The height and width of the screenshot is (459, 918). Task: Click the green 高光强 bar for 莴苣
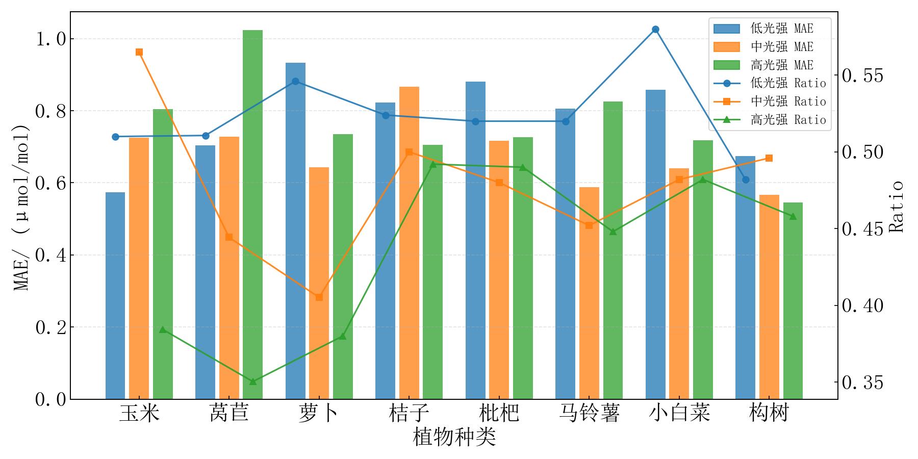pyautogui.click(x=252, y=214)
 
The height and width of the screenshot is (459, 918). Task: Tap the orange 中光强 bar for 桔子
pyautogui.click(x=409, y=243)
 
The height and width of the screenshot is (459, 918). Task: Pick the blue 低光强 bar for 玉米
pyautogui.click(x=115, y=295)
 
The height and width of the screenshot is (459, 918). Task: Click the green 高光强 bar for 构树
pyautogui.click(x=793, y=300)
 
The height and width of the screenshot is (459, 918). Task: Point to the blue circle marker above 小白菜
pyautogui.click(x=655, y=30)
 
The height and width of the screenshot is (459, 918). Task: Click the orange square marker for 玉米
pyautogui.click(x=139, y=52)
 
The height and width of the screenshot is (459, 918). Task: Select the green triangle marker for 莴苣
pyautogui.click(x=252, y=381)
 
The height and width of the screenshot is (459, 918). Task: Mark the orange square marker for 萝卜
pyautogui.click(x=319, y=297)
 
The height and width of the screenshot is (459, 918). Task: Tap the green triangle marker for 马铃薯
pyautogui.click(x=613, y=232)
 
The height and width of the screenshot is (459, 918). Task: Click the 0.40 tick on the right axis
pyautogui.click(x=862, y=306)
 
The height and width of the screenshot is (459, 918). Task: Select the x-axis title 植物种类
pyautogui.click(x=454, y=438)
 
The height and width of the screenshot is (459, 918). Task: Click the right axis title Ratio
pyautogui.click(x=896, y=206)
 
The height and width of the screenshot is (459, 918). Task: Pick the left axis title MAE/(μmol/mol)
pyautogui.click(x=21, y=206)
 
